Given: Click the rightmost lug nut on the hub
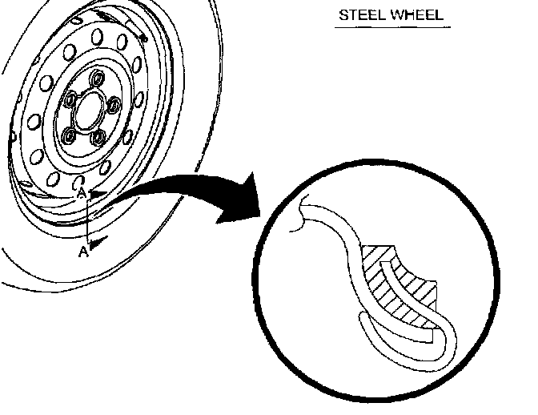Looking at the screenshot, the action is coord(113,104).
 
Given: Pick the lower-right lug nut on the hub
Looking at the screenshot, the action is coord(98,135).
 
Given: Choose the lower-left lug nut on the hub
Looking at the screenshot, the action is coord(69,135).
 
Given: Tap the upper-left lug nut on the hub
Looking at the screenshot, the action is coord(70,99).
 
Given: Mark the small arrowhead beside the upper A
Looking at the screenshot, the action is coord(96,193).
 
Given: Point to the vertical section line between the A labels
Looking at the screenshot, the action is coord(86,220).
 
